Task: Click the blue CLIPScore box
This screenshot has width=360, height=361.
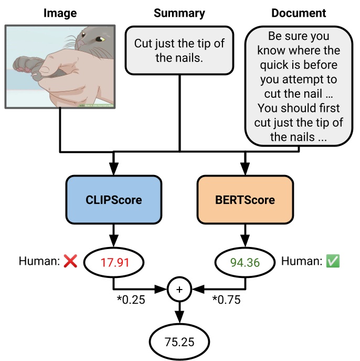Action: pyautogui.click(x=114, y=200)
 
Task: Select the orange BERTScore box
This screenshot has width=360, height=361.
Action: pyautogui.click(x=245, y=200)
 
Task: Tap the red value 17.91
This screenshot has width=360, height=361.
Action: pyautogui.click(x=114, y=261)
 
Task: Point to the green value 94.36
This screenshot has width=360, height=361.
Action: pyautogui.click(x=245, y=261)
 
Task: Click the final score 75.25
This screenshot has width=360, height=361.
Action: pyautogui.click(x=179, y=342)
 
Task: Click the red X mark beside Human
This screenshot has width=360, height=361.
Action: pyautogui.click(x=70, y=261)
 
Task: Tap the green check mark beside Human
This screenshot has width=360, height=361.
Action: pyautogui.click(x=333, y=261)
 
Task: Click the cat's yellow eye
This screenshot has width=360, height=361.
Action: pyautogui.click(x=100, y=38)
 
